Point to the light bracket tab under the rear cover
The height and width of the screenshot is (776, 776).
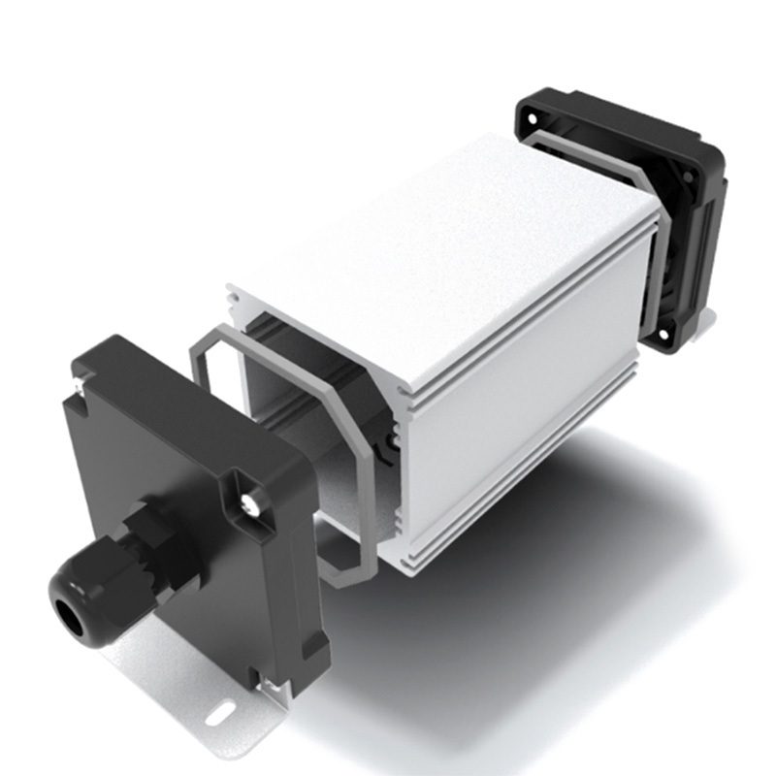click(x=706, y=314)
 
